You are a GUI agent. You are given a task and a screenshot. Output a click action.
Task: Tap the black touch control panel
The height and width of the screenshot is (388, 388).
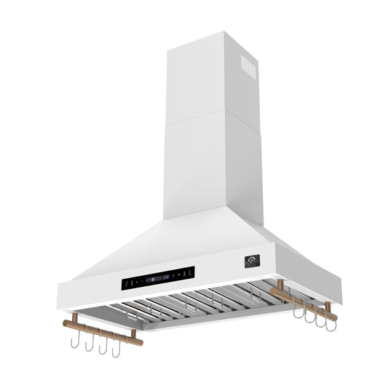(x=158, y=277)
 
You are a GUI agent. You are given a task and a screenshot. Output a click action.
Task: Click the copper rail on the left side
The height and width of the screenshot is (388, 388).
(x=103, y=331)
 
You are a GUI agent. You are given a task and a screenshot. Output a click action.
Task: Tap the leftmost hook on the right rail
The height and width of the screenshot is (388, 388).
(x=297, y=312)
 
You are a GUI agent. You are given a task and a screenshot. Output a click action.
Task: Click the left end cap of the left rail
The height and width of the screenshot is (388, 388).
(x=65, y=322)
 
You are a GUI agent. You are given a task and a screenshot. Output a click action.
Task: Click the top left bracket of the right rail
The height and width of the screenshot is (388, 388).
(x=280, y=285)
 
